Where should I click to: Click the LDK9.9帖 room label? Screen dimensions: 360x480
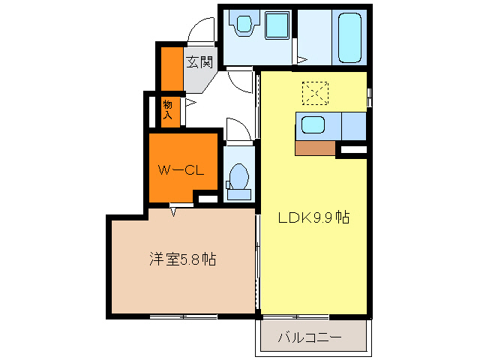(313, 218)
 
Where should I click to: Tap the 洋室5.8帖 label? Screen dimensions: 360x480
(182, 259)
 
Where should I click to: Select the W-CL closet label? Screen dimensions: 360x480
(181, 170)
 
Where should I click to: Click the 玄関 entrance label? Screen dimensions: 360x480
(199, 61)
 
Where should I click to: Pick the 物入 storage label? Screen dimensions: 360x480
(168, 109)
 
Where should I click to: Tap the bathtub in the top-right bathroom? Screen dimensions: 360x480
(350, 37)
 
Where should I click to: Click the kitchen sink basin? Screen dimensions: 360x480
(313, 125)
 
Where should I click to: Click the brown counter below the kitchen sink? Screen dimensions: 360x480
(315, 148)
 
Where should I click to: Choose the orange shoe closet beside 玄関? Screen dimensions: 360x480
(172, 68)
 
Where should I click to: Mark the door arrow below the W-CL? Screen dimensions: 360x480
(174, 211)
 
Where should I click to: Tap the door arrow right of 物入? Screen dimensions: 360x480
(190, 103)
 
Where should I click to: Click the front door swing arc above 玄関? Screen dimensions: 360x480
(201, 30)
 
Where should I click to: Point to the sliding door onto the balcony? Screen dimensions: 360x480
(296, 316)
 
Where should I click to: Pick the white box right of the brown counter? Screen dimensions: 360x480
(352, 151)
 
